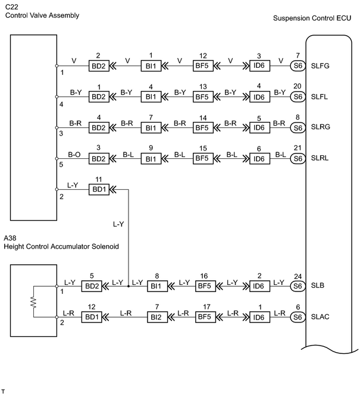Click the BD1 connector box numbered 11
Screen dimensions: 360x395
click(x=99, y=189)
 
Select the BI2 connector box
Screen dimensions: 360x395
click(x=158, y=317)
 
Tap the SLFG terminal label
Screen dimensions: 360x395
click(x=320, y=66)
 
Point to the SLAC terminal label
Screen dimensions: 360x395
click(x=320, y=316)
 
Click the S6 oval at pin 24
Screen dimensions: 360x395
click(x=298, y=286)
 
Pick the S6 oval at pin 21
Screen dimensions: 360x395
click(x=298, y=159)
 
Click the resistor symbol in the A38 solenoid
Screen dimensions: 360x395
click(x=33, y=302)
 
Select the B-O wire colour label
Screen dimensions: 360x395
click(x=74, y=155)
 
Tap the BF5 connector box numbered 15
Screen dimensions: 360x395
click(x=203, y=158)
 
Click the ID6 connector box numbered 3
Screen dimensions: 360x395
click(x=259, y=66)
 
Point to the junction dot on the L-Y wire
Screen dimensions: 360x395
click(x=129, y=286)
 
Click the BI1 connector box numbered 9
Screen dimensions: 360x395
click(x=151, y=159)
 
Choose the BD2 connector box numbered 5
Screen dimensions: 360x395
click(x=92, y=286)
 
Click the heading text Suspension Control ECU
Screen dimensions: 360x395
click(x=312, y=18)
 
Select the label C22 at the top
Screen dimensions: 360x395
click(x=11, y=7)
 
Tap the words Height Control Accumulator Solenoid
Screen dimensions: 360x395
click(x=61, y=246)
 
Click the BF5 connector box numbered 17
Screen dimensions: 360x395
click(x=205, y=317)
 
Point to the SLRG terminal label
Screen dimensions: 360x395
click(x=321, y=127)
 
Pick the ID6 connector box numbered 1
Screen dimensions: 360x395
click(x=259, y=317)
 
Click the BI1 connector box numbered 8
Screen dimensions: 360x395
click(x=158, y=286)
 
